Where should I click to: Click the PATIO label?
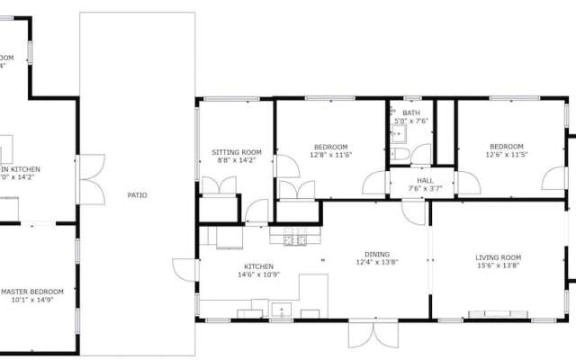[137, 194]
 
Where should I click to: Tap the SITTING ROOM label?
[237, 152]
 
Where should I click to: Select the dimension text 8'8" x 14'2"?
[237, 161]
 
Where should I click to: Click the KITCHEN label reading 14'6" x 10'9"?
[258, 266]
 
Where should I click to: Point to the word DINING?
[377, 254]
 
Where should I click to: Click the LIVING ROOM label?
[499, 258]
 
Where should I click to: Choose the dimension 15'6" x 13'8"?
[499, 267]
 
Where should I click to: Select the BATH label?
[411, 112]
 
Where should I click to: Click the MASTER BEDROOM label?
[32, 292]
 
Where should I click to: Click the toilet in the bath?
[401, 156]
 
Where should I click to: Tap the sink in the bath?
[399, 134]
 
